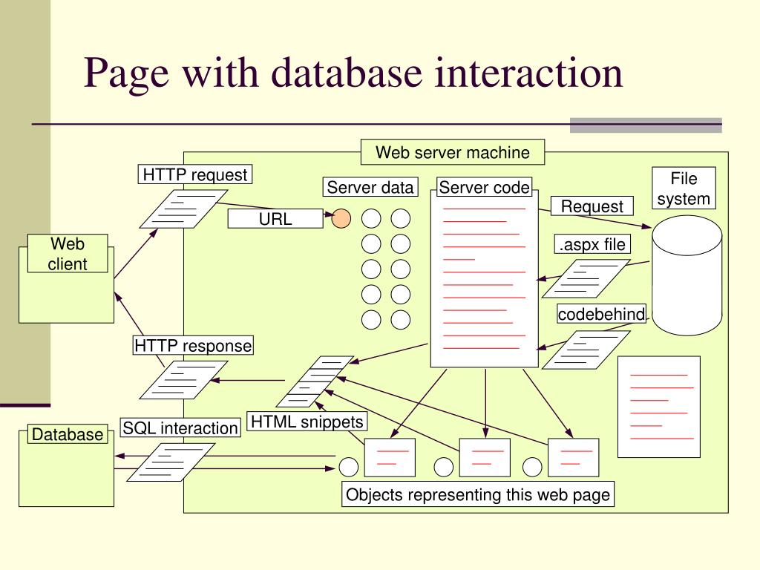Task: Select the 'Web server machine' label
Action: pos(453,152)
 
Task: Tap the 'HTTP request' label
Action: pos(195,174)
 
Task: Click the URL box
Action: pos(275,219)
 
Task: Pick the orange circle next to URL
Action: pos(341,219)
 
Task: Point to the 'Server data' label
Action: pos(370,187)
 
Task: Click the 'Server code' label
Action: pos(484,187)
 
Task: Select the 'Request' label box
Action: pos(592,206)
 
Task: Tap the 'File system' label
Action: pos(684,188)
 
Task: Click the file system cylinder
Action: pos(687,275)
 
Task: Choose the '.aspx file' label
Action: pos(592,244)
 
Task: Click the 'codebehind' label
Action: pos(601,314)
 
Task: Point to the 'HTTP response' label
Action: pos(193,346)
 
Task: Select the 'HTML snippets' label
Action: pos(307,422)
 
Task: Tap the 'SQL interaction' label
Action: pos(180,427)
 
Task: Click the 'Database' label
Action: pos(68,433)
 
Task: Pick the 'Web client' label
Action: pos(68,254)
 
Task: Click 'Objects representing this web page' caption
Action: pos(478,494)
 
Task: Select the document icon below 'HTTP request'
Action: pos(184,209)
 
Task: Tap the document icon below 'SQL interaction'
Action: pos(171,462)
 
